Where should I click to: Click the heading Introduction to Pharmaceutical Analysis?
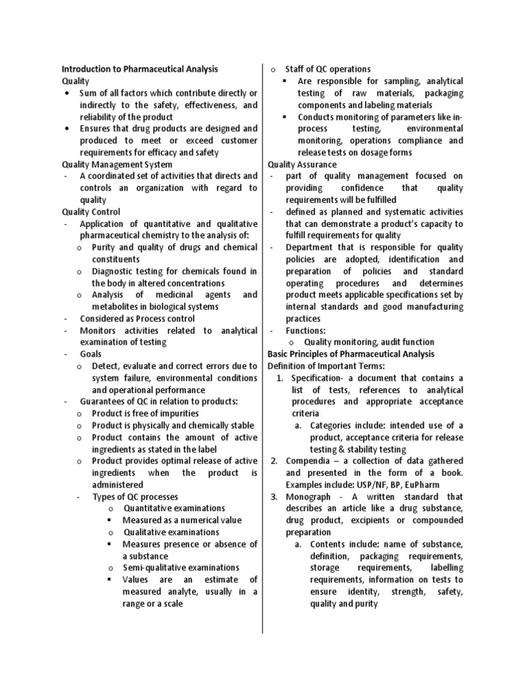tap(140, 69)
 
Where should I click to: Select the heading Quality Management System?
tap(117, 164)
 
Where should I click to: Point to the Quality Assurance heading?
tap(301, 164)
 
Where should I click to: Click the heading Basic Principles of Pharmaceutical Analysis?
tap(351, 354)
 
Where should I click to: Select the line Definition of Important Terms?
tap(326, 366)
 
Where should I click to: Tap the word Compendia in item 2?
tap(310, 461)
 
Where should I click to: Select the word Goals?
tap(91, 354)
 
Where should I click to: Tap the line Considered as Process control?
tap(137, 319)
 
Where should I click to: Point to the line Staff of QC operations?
tap(327, 69)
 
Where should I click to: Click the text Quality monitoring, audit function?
tap(369, 342)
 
